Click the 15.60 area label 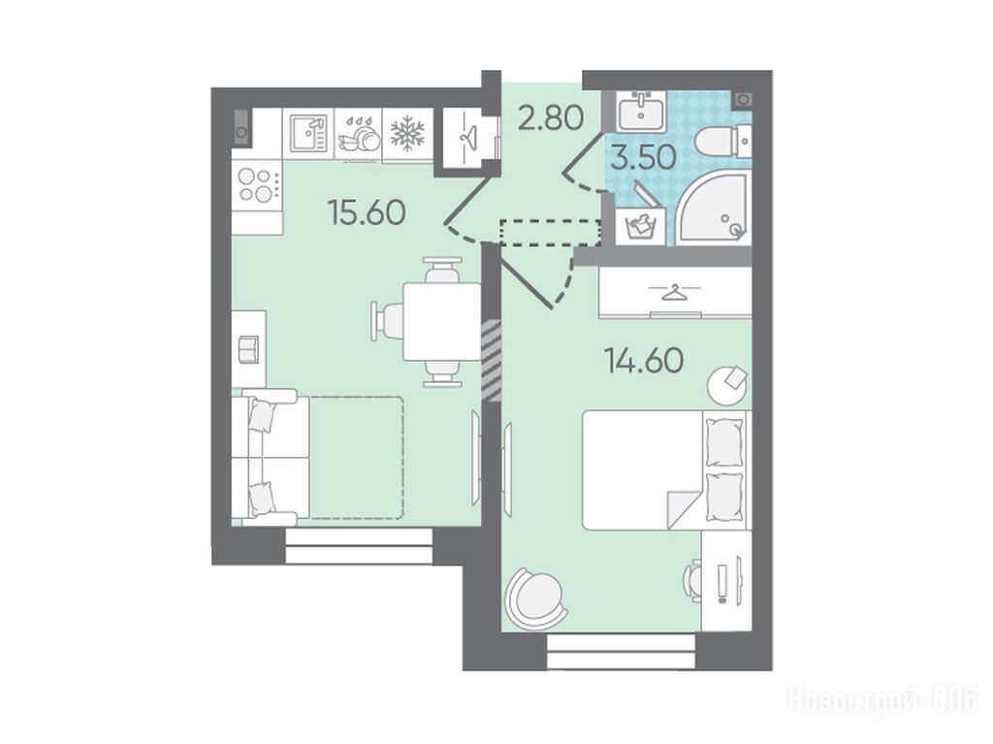click(x=367, y=212)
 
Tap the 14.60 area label click(x=644, y=361)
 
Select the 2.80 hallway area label click(x=550, y=118)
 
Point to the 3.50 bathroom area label click(x=644, y=158)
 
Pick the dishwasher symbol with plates click(x=359, y=134)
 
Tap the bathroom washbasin click(x=642, y=111)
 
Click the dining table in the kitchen click(x=442, y=322)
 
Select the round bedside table click(x=727, y=384)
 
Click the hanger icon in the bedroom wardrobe click(x=675, y=293)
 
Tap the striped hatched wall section click(x=492, y=360)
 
